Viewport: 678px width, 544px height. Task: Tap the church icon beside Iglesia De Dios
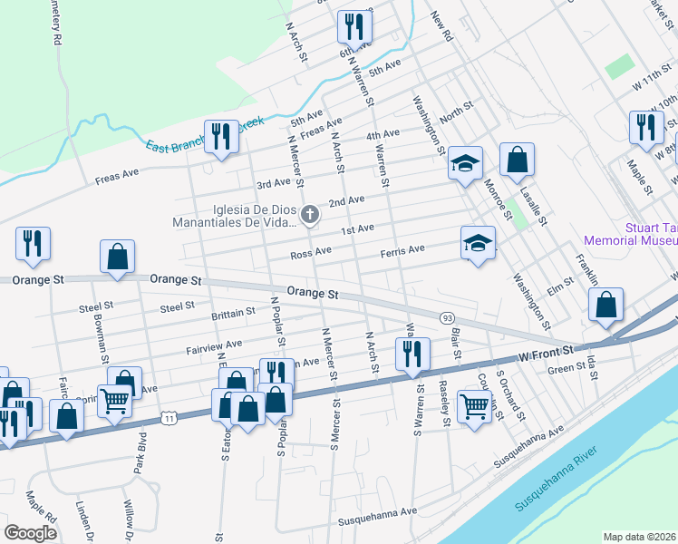[x=310, y=215]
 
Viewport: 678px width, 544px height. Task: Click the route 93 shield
[x=447, y=317]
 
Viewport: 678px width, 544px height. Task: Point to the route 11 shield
[x=167, y=416]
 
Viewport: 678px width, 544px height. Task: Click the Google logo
[x=31, y=532]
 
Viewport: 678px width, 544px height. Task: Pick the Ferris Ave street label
[x=402, y=249]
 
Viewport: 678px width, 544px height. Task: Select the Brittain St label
[x=233, y=313]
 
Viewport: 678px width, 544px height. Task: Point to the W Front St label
[x=547, y=350]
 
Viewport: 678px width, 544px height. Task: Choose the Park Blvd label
[x=140, y=452]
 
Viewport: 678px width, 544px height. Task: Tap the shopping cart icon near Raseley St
[x=474, y=404]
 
